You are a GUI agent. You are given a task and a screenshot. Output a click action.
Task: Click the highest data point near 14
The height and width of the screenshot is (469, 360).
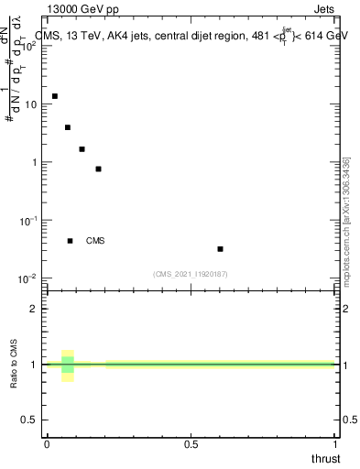tap(55, 96)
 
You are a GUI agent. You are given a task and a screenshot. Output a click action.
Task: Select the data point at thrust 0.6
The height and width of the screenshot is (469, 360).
tap(221, 248)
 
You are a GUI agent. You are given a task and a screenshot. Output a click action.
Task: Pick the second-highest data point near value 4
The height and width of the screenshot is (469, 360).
tap(68, 127)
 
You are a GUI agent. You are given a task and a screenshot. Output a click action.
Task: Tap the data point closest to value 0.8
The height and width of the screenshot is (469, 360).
tap(98, 169)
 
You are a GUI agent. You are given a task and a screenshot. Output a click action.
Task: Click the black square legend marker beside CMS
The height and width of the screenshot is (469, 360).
tap(70, 241)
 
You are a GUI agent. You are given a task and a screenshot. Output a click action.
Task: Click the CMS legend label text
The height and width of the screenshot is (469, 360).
tap(95, 241)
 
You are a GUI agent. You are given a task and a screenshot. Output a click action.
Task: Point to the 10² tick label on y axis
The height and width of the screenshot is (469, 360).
tap(29, 46)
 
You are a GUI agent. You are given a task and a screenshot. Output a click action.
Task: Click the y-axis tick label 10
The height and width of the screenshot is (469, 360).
tap(31, 104)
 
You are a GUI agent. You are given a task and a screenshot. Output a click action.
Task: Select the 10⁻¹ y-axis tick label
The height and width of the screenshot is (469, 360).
tap(28, 220)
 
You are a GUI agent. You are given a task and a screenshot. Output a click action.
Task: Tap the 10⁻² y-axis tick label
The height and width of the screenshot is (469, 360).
tap(28, 278)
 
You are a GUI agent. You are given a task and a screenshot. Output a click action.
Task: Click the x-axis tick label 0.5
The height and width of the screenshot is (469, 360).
tap(191, 444)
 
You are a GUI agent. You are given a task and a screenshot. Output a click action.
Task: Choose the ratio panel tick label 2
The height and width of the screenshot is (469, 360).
tap(34, 309)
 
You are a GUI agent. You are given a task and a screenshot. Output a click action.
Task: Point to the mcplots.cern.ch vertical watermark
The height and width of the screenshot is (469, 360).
tap(346, 220)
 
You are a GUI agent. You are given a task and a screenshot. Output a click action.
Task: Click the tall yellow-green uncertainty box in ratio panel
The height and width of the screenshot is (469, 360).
tap(68, 365)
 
